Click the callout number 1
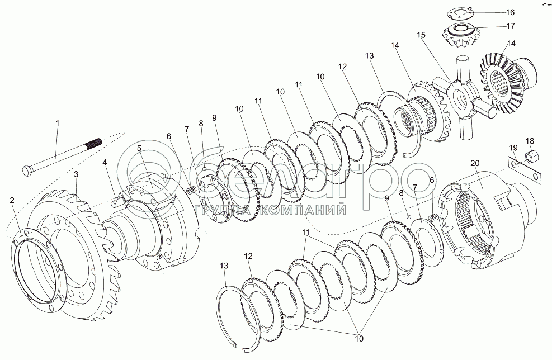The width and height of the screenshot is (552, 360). [56, 122]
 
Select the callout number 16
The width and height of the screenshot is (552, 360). [510, 12]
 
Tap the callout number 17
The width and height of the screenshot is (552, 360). [510, 25]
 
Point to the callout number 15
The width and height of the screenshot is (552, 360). [421, 35]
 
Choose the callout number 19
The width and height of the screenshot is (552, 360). [513, 148]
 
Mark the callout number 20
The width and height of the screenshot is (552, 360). [475, 164]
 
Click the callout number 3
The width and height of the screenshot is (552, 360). [77, 175]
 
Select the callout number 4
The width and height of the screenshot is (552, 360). [104, 163]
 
